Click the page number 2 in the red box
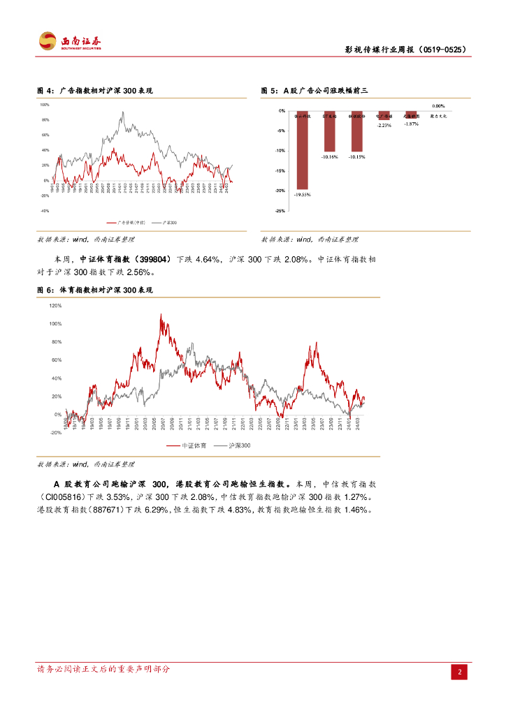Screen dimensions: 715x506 460,672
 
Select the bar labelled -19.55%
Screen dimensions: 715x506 302,149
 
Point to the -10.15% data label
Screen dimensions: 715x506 356,157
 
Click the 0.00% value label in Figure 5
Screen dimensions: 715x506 438,105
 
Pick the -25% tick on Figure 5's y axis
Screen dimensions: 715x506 280,210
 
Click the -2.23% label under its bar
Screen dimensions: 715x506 384,126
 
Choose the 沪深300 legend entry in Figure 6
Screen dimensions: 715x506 233,445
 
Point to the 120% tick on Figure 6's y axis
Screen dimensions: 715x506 55,306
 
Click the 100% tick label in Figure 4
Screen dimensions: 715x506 44,105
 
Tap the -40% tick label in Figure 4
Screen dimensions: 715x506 44,211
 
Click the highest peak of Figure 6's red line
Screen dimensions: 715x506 161,316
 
